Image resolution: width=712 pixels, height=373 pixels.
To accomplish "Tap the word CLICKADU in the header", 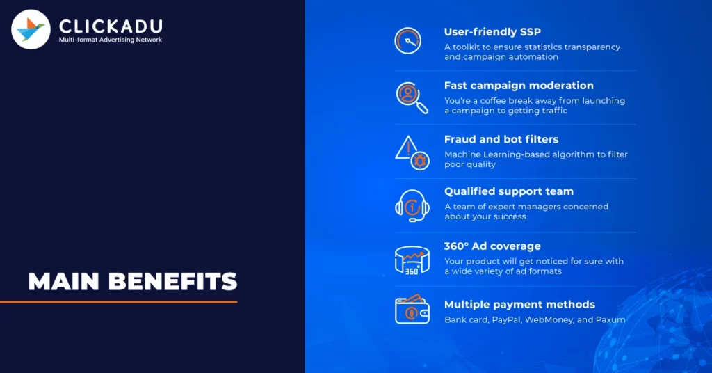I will [111, 26].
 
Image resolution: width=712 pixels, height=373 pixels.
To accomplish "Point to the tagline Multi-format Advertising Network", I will [111, 40].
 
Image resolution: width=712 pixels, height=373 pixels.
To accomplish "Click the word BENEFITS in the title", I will [173, 282].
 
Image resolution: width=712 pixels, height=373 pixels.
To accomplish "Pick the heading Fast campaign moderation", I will [519, 86].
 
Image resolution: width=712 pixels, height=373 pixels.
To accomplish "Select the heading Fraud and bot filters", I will [501, 139].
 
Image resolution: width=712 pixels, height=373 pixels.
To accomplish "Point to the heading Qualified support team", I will [509, 191].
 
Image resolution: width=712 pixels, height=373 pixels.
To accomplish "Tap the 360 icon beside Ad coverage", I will [412, 260].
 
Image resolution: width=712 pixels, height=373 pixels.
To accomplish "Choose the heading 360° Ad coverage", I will [492, 246].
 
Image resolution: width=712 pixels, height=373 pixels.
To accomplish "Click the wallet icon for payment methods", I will [412, 310].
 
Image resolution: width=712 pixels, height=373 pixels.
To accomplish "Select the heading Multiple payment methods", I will [519, 305].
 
